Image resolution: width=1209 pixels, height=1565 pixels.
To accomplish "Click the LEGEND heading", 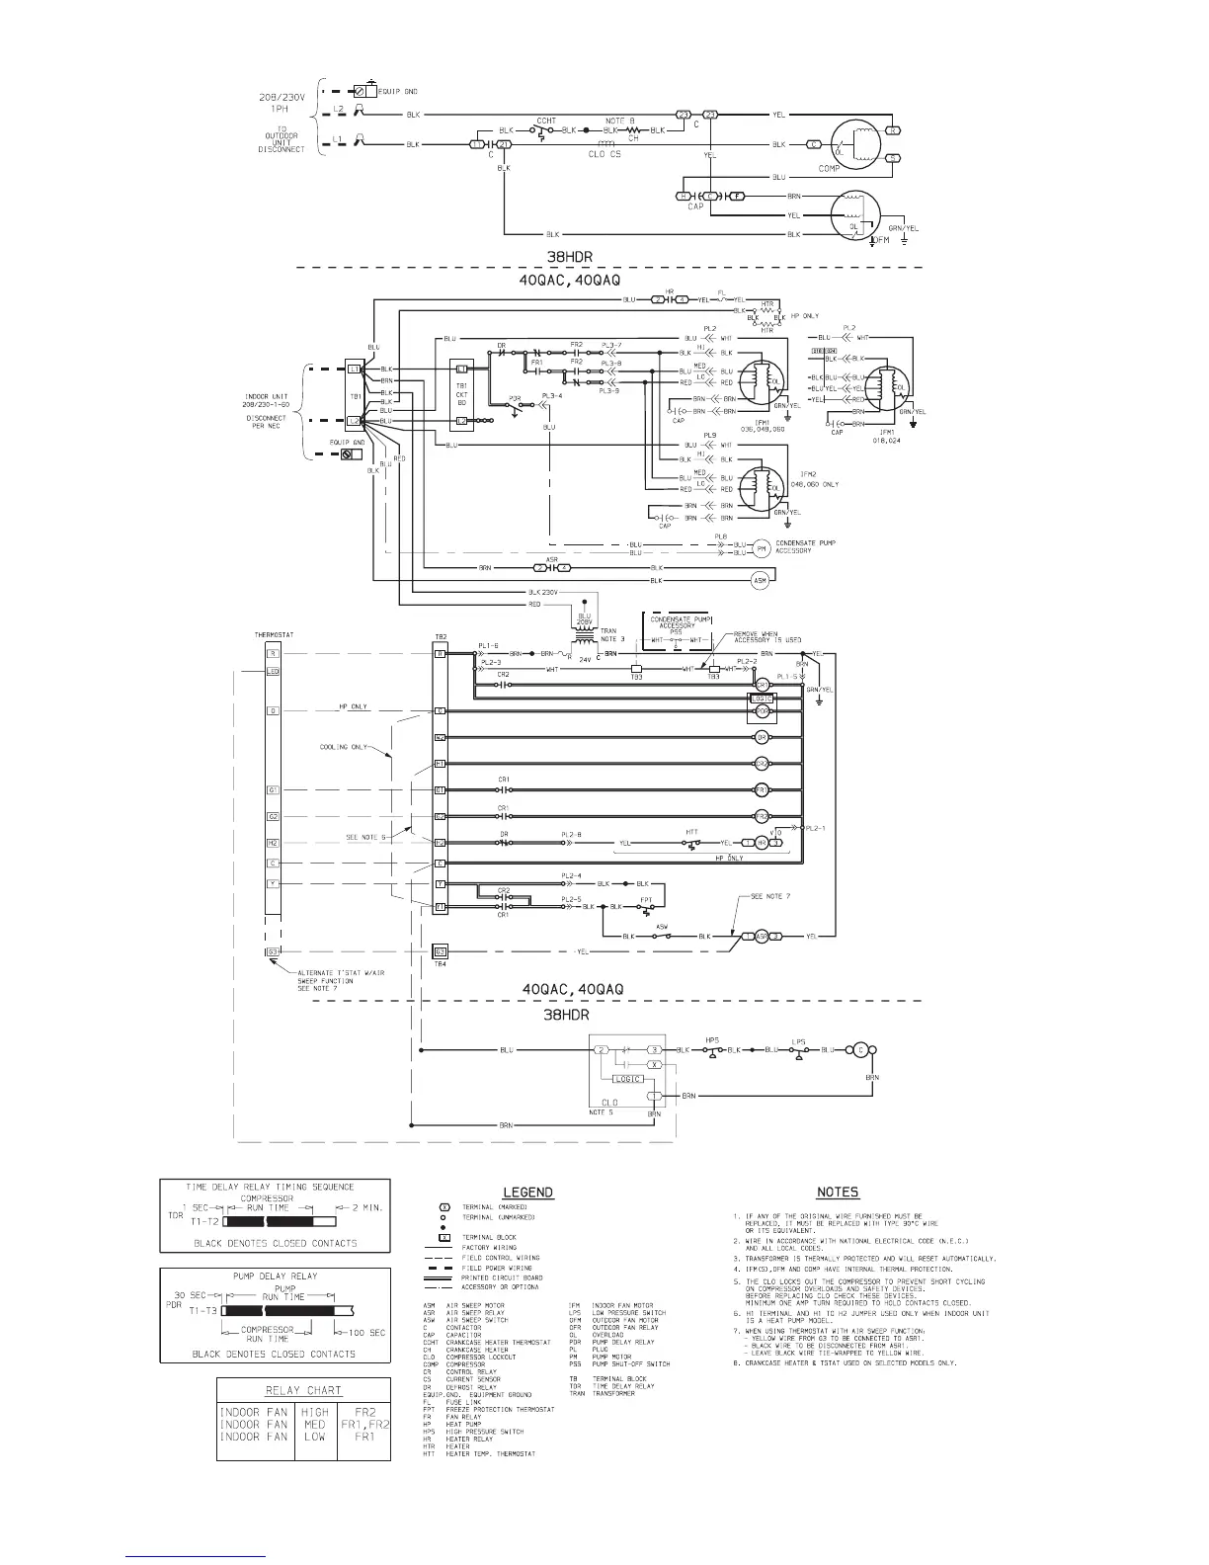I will click(528, 1193).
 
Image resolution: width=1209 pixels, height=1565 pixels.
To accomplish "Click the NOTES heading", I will click(838, 1193).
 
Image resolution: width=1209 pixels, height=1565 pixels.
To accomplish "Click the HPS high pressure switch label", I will click(711, 1039).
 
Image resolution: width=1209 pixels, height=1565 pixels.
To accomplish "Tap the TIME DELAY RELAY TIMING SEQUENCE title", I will click(276, 1186).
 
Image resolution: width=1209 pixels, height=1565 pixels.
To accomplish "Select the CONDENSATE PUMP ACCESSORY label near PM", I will click(808, 546).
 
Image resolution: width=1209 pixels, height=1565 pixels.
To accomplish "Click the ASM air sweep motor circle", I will click(760, 580).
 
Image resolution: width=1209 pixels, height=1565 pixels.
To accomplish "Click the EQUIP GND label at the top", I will click(396, 91).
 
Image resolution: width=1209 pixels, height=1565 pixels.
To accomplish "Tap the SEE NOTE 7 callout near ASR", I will click(769, 896).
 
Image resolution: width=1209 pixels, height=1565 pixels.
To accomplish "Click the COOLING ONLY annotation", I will click(344, 747).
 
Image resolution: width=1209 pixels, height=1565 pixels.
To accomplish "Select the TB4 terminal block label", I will click(441, 964).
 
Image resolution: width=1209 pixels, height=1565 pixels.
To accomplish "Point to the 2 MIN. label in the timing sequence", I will click(367, 1208).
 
